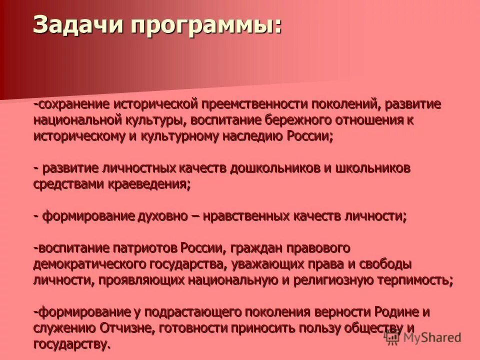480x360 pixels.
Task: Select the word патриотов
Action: coord(152,247)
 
